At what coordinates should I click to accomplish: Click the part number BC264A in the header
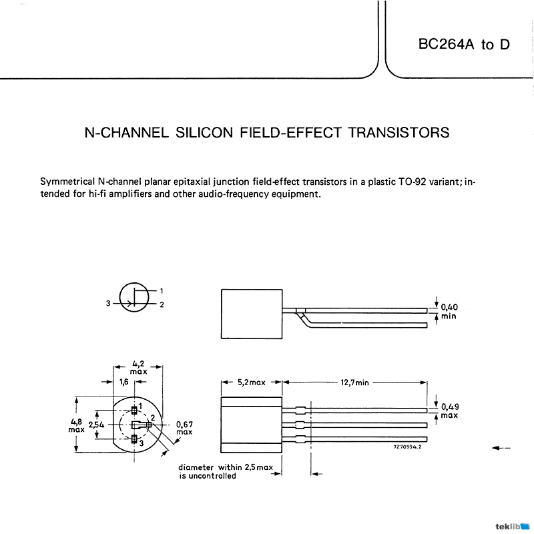pos(445,45)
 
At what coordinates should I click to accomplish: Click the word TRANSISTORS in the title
pos(399,132)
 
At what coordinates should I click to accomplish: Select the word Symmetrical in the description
pos(67,182)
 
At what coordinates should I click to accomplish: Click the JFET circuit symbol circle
pos(134,298)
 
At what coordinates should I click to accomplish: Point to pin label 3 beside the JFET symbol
pos(107,303)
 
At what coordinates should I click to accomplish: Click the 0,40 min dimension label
pos(449,311)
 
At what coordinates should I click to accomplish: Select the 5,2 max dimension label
pos(251,382)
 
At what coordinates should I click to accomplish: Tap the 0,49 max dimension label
pos(449,410)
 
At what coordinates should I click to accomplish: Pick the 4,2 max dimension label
pos(138,367)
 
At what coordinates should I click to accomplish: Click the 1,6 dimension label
pos(123,382)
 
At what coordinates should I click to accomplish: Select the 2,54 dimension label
pos(96,425)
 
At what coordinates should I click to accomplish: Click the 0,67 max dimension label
pos(184,427)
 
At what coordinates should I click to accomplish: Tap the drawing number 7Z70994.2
pos(409,448)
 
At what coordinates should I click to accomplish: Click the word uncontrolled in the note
pos(213,476)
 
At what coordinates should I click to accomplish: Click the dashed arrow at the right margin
pos(501,448)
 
